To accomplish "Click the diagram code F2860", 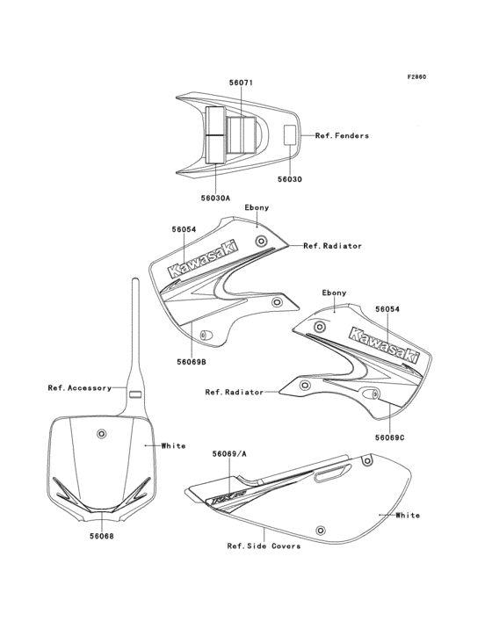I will [x=416, y=77].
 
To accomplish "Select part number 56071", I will [x=241, y=83].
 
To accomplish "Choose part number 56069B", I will [x=190, y=360].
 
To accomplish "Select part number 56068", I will [x=101, y=535].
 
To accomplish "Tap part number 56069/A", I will [x=229, y=454].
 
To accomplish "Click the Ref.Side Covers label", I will [x=264, y=545].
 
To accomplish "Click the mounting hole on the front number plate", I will [x=103, y=434].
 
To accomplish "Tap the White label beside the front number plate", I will [x=173, y=445].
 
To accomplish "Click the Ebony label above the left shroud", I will [x=257, y=207].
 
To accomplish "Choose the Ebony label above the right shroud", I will [x=334, y=293].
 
